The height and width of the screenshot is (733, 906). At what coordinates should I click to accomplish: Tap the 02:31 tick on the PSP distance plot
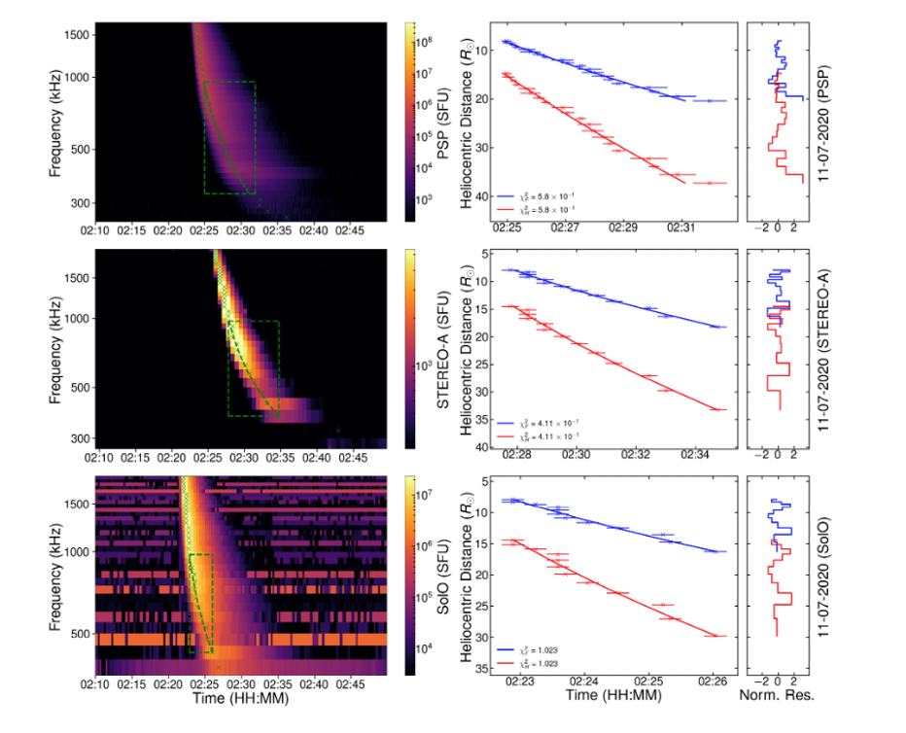click(x=683, y=230)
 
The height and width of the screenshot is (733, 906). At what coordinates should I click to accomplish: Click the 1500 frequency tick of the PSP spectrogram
click(x=79, y=35)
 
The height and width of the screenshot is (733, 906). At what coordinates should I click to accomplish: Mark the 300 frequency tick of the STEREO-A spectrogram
click(x=82, y=438)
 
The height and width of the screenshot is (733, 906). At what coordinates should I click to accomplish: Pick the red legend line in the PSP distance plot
click(x=507, y=209)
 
